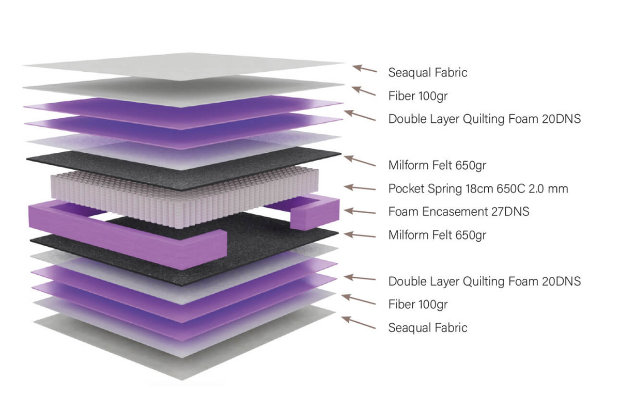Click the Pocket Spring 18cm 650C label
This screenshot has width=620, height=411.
coord(478,188)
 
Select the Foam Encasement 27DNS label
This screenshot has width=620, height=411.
coord(459,211)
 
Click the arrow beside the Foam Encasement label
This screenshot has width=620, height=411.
coord(360,211)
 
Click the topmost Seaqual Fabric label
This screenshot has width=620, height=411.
coord(428,72)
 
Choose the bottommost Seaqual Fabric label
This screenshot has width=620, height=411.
coord(428,327)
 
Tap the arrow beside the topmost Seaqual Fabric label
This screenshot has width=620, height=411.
coord(365,69)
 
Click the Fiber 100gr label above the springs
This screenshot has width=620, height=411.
coord(417,96)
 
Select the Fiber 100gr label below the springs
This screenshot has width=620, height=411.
coord(417,304)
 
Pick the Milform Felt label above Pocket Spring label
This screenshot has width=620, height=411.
coord(437,165)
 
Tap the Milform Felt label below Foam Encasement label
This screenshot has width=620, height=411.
coord(437,235)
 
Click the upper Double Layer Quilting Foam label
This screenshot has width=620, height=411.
coord(485,119)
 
